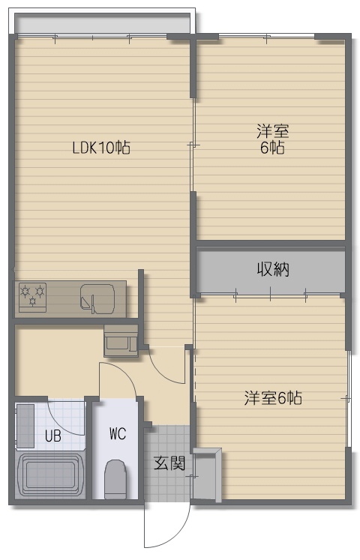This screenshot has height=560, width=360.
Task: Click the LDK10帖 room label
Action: point(101,148)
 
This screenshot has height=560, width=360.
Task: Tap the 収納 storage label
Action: point(273,269)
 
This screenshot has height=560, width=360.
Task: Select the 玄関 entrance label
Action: point(169,463)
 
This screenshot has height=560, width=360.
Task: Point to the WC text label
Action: point(118,434)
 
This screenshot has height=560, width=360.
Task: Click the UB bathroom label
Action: point(53,436)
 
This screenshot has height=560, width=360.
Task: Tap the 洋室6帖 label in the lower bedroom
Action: point(273,398)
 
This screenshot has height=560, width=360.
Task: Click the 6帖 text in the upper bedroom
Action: point(272,148)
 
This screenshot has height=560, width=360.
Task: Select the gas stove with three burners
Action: point(32,297)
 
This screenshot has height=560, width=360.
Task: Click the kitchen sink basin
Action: point(97,299)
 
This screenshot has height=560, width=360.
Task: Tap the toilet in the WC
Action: point(115,479)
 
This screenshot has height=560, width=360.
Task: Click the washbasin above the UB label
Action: point(25,426)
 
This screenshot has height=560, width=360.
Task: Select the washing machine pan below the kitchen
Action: point(121,341)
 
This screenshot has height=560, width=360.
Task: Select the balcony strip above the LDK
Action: point(103,24)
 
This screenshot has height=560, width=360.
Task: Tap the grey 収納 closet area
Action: point(271,270)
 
